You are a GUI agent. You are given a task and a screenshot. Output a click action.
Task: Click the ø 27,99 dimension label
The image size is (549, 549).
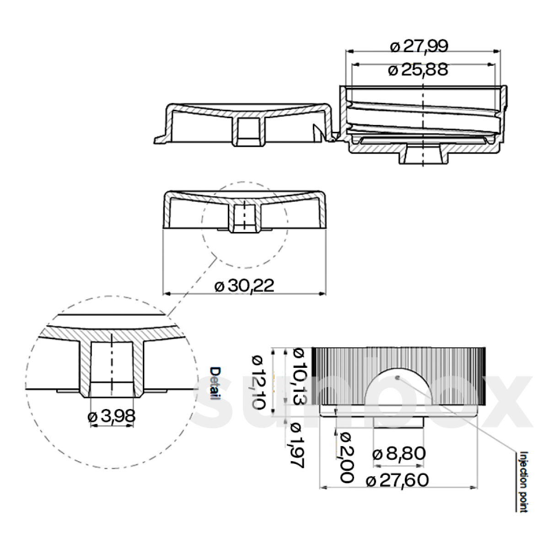click(x=419, y=46)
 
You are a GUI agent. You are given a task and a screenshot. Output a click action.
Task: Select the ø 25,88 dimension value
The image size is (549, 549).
click(x=417, y=70)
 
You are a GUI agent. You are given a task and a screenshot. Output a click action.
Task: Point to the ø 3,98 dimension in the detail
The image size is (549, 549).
click(x=111, y=416)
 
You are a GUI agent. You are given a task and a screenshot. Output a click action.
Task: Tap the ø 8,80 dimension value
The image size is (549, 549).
click(x=399, y=454)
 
